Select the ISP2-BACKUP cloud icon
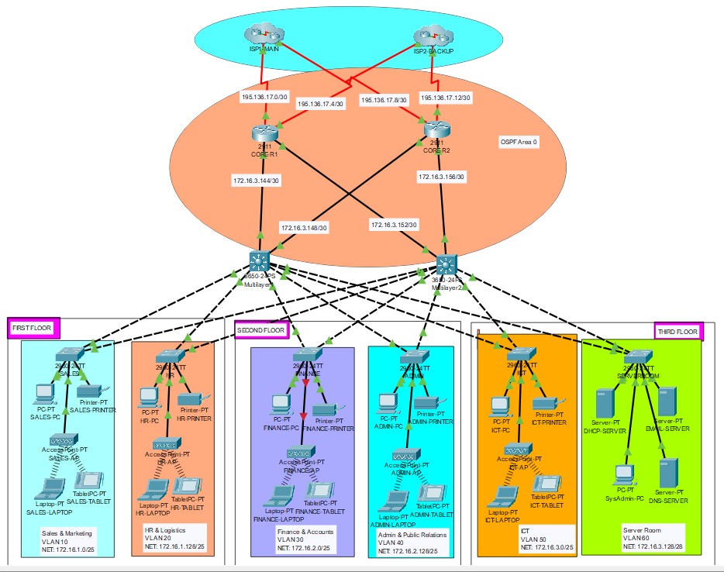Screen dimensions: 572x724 point(433,36)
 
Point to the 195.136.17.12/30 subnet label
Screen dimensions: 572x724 point(446,98)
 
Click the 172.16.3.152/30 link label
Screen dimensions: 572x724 point(394,225)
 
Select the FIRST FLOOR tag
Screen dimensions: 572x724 point(32,329)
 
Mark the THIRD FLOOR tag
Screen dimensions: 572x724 point(678,332)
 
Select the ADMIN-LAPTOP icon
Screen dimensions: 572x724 point(396,501)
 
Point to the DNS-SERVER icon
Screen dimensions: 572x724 point(667,472)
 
